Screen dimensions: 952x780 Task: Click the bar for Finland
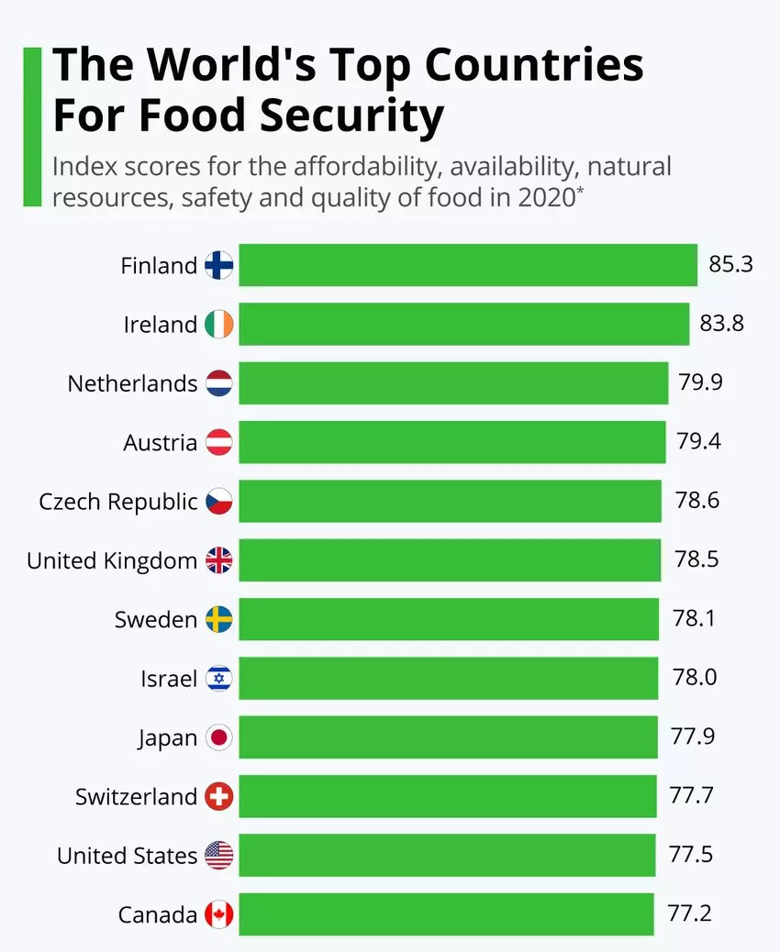468,265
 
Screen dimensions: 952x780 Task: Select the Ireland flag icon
219,324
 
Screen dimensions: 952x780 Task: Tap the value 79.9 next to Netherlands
700,382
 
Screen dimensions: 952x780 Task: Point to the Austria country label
161,442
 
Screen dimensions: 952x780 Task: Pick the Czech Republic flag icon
219,502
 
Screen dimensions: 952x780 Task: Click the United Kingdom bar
450,560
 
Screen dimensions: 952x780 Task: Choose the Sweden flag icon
219,619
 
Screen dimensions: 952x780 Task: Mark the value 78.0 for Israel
695,678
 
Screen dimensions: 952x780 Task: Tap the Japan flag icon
219,737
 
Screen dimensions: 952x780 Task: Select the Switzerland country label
136,796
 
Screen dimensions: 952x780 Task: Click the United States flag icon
219,856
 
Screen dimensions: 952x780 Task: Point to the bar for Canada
446,914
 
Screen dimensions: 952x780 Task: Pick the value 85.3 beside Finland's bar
730,265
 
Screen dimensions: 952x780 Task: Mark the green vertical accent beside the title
32,127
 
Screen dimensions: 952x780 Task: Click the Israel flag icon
219,679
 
